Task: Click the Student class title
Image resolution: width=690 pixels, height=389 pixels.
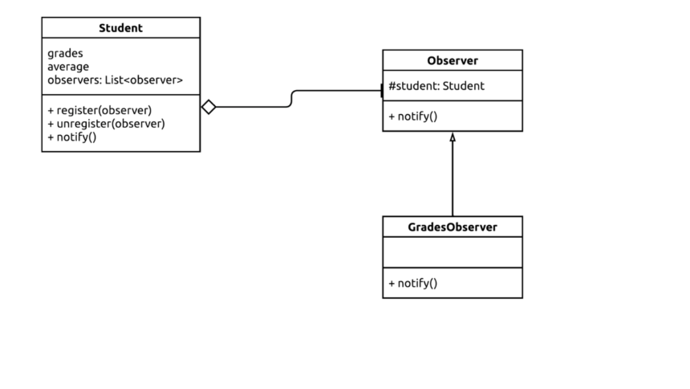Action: click(x=120, y=28)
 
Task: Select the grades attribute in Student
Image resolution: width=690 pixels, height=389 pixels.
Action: click(x=65, y=53)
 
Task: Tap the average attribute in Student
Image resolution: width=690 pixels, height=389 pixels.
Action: click(x=68, y=67)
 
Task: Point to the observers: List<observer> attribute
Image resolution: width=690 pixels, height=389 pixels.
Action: click(x=115, y=80)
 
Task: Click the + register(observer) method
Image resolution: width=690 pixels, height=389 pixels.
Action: click(x=99, y=110)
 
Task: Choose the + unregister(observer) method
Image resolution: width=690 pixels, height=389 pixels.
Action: click(x=106, y=124)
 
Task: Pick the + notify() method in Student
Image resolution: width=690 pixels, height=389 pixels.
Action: click(x=72, y=137)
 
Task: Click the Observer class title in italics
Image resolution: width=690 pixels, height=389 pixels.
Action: click(x=452, y=61)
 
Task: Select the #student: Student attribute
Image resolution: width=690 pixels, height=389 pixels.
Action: click(x=436, y=86)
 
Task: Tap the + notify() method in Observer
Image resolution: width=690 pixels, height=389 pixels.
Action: click(x=413, y=117)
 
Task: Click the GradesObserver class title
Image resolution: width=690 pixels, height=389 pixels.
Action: click(x=452, y=227)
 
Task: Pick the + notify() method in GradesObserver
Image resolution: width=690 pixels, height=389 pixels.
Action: click(x=413, y=283)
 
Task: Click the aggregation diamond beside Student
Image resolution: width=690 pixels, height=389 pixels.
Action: click(x=209, y=107)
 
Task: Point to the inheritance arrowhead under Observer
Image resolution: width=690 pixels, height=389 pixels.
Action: click(x=453, y=137)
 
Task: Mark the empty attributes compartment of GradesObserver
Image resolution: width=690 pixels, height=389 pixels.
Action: click(x=452, y=252)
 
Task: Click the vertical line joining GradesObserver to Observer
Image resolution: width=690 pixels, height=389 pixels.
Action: click(x=453, y=181)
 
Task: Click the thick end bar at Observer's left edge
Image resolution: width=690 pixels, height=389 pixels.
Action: click(x=382, y=91)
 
